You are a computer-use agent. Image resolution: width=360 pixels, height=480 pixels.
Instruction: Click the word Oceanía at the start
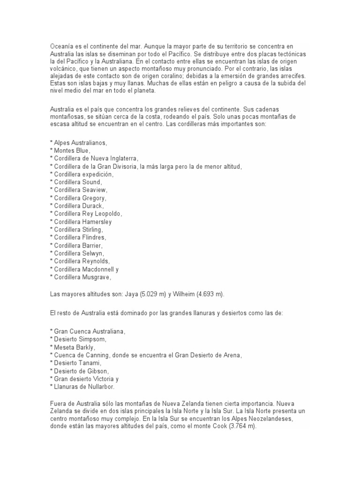(x=62, y=47)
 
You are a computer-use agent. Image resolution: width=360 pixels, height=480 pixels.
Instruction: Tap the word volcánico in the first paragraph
(x=63, y=69)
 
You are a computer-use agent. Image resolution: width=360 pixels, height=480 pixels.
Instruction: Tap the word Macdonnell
(x=101, y=270)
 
